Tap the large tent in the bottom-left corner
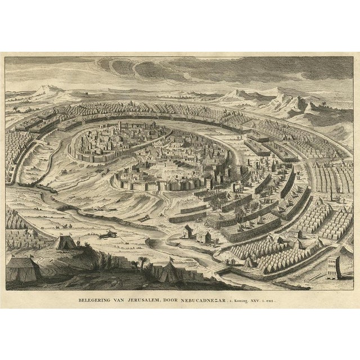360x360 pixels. (23, 268)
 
